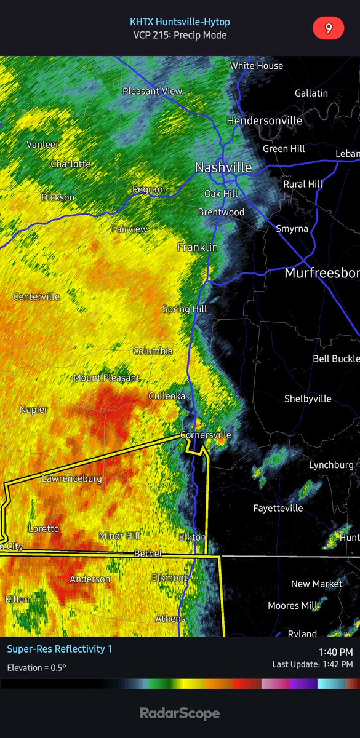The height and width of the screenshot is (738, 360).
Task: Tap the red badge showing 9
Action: click(x=328, y=28)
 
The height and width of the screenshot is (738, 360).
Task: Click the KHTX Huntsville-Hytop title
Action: click(x=180, y=22)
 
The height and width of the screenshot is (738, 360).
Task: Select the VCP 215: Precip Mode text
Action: click(x=180, y=35)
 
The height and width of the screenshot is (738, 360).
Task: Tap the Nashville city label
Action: click(x=223, y=167)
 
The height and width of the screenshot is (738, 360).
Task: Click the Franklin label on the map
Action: click(x=198, y=247)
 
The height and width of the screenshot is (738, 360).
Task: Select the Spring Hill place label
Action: click(x=184, y=309)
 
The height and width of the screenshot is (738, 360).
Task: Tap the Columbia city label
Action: click(x=153, y=351)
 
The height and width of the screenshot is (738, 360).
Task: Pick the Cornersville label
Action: click(x=206, y=435)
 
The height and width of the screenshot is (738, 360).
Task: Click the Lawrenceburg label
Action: click(x=72, y=478)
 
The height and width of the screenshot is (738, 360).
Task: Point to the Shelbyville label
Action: click(x=308, y=399)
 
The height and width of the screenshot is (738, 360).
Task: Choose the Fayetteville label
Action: click(x=278, y=508)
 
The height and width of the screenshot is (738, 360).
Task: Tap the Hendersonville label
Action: click(x=264, y=121)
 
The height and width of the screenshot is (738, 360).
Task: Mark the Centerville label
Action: click(x=36, y=296)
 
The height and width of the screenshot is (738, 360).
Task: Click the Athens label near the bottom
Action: click(x=170, y=618)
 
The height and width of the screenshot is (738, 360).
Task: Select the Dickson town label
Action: click(x=58, y=197)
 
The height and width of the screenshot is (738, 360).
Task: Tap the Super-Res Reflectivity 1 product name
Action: click(x=60, y=649)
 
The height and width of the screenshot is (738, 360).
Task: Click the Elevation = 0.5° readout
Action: click(x=36, y=668)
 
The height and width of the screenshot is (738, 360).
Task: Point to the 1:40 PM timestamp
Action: click(x=335, y=652)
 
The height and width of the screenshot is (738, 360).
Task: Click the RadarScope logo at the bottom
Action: click(x=180, y=713)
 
